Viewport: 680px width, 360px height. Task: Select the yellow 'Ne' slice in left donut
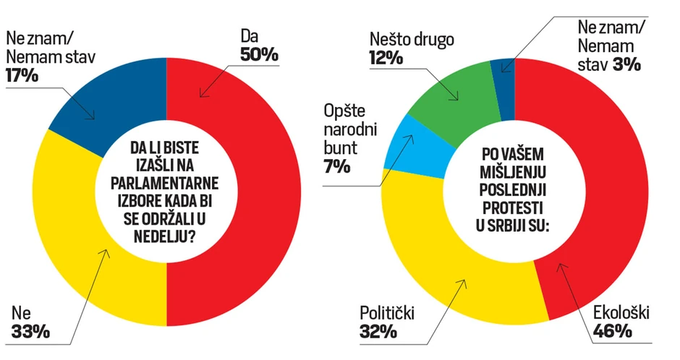coord(87,239)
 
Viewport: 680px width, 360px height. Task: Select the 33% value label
coord(30,332)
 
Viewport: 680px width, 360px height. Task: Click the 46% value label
coord(613,332)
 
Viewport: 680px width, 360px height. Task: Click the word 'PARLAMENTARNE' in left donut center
coord(167,181)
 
